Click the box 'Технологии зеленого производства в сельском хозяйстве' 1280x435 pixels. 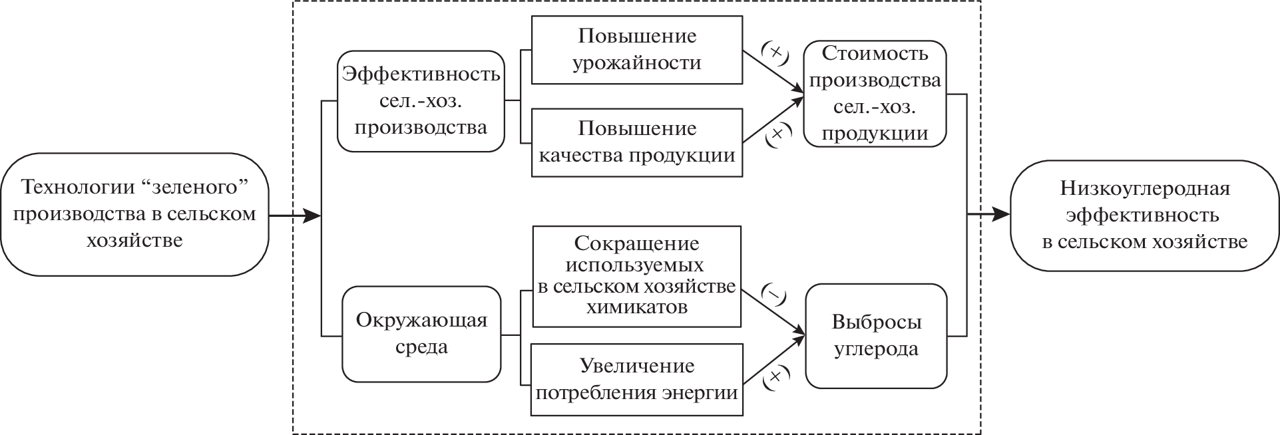click(134, 214)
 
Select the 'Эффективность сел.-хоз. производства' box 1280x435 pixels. click(421, 100)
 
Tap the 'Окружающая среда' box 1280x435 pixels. click(421, 334)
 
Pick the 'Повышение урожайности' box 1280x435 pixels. click(637, 50)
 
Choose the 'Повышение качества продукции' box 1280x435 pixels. click(637, 142)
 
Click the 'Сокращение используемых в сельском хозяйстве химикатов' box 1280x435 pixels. click(637, 276)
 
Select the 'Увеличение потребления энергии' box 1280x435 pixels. click(637, 379)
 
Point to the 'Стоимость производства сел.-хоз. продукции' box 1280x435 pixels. click(875, 94)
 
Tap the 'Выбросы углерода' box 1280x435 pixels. click(876, 336)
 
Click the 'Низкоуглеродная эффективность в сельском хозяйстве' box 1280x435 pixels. click(1144, 215)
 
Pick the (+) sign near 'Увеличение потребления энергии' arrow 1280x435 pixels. click(775, 377)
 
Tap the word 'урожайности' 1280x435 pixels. click(637, 63)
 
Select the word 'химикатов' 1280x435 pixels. click(637, 307)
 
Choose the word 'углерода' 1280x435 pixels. click(876, 349)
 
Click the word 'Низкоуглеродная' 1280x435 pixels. click(1144, 189)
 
